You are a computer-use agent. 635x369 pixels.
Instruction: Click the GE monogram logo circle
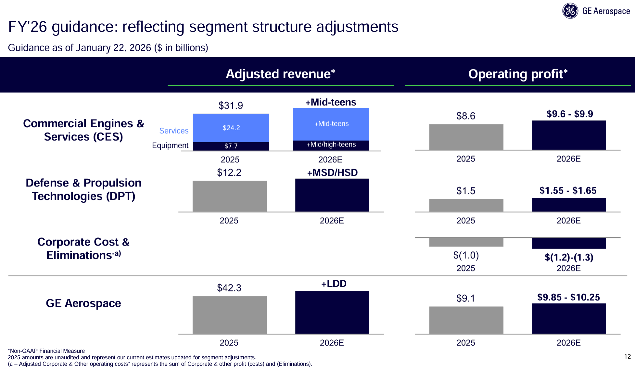coord(570,11)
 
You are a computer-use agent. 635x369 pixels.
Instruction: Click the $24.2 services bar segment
coord(231,128)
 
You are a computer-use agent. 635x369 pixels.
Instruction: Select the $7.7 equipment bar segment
coord(231,146)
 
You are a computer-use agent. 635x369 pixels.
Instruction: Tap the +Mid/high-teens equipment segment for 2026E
coord(331,145)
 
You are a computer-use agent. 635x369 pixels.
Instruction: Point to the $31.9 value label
coord(231,106)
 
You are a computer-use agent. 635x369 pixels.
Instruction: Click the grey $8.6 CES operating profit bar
coord(466,137)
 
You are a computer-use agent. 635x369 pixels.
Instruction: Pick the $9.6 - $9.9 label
coord(569,114)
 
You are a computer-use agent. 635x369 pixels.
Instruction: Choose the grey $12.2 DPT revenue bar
coord(229,196)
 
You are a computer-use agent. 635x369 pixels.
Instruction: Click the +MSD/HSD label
coord(332,172)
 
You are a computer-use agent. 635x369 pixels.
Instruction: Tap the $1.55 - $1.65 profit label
coord(568,191)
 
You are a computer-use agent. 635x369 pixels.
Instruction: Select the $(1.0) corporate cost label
coord(466,255)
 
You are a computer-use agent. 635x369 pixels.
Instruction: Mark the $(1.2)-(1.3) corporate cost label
coord(569,257)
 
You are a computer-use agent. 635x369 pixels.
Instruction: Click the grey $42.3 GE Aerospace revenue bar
coord(229,315)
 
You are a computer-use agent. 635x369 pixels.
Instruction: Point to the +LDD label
coord(334,284)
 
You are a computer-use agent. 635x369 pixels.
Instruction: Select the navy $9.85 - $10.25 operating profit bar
coord(569,318)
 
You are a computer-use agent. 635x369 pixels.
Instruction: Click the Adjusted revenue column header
coord(280,74)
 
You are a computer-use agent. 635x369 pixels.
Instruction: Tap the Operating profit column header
coord(518,74)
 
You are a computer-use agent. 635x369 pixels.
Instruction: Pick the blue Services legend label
coord(174,131)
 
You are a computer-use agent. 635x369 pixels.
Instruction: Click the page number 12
coord(627,357)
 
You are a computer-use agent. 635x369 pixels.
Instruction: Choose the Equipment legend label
coord(170,146)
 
